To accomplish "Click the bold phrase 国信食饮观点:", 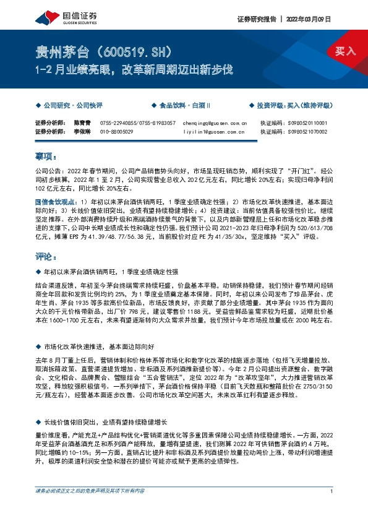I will point(56,201).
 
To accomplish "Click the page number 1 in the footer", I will point(332,509).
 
